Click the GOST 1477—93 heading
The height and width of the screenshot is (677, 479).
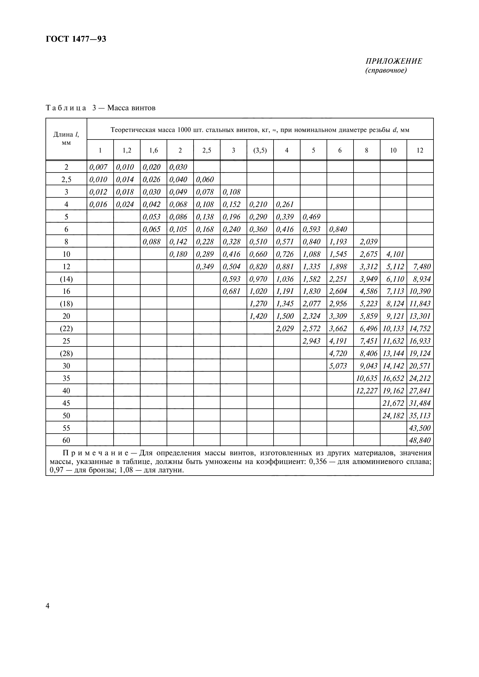(x=76, y=39)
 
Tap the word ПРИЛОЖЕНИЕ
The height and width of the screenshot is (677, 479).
(x=394, y=61)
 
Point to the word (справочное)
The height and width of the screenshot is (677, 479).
(x=386, y=70)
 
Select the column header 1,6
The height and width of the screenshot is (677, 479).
(x=154, y=151)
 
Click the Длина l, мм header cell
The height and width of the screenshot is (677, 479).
(x=66, y=139)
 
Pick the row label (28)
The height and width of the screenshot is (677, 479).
(x=66, y=353)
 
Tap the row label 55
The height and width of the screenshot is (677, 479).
(x=66, y=428)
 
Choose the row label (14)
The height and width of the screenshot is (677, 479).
(x=66, y=279)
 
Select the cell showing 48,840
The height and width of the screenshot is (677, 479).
(x=420, y=440)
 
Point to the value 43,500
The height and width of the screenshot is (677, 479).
(x=420, y=428)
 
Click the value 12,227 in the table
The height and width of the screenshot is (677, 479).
(x=367, y=391)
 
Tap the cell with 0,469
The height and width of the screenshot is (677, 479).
(x=312, y=217)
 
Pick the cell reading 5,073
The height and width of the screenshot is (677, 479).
(x=338, y=366)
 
